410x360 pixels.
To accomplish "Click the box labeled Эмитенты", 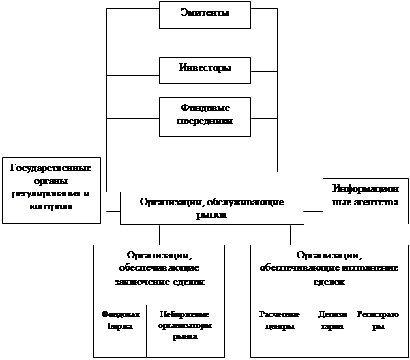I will click(204, 14).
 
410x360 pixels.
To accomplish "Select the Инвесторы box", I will click(204, 68).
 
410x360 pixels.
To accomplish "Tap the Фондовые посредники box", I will click(204, 115).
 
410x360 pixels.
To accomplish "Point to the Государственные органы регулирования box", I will click(51, 190).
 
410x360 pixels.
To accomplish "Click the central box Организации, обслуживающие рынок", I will click(211, 208).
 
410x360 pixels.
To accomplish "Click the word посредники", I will click(205, 121).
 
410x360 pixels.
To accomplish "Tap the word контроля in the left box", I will click(51, 207).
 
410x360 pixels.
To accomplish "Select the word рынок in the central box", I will click(211, 214).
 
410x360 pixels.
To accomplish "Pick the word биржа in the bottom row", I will click(120, 326).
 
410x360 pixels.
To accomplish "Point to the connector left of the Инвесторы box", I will click(133, 74).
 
